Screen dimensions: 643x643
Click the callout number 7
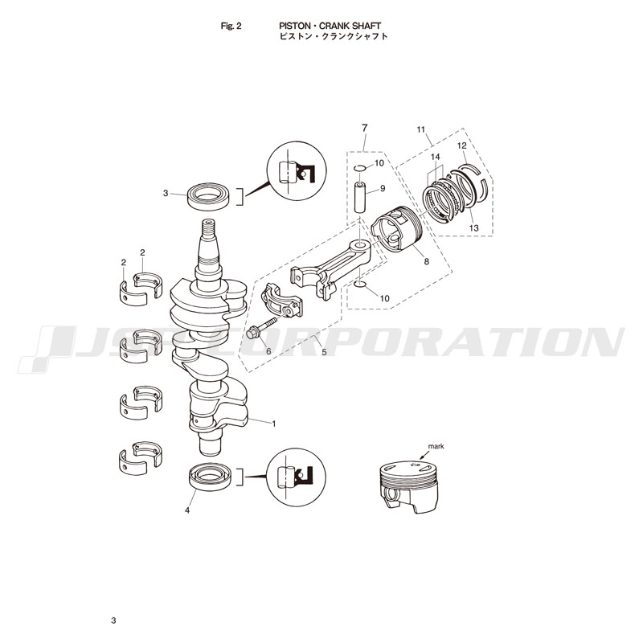364,129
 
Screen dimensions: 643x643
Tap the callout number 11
420,129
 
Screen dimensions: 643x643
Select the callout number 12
462,145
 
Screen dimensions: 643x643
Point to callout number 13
474,228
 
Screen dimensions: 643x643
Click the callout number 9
383,188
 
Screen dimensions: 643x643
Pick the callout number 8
426,261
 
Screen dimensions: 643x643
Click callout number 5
323,352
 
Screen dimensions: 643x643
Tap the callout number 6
268,351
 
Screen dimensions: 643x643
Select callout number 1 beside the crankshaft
274,423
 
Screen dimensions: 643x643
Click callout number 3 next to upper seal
165,193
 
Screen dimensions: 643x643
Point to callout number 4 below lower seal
188,510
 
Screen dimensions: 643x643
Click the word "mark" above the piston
436,445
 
